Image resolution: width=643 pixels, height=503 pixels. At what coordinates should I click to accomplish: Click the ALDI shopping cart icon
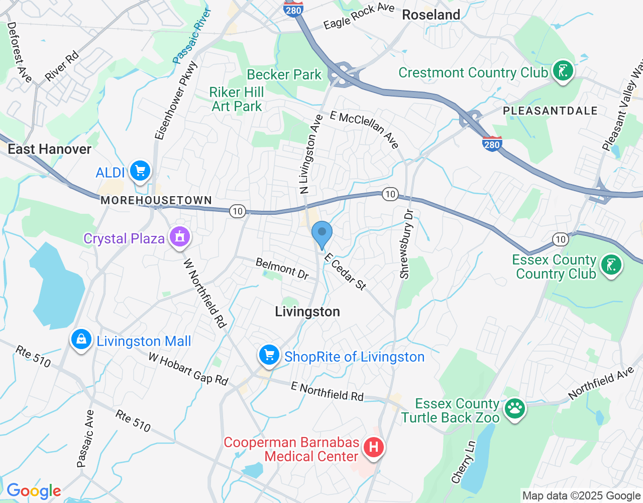tap(140, 171)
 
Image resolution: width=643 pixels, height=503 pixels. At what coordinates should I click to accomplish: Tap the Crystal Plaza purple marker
tap(180, 237)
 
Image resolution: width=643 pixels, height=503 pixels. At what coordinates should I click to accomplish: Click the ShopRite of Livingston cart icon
tap(269, 356)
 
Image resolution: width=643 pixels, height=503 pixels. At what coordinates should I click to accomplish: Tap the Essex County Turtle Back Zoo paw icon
tap(514, 409)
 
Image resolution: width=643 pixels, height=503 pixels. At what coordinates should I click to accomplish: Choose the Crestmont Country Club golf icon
tap(563, 71)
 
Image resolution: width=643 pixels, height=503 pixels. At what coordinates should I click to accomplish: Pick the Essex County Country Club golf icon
tap(611, 265)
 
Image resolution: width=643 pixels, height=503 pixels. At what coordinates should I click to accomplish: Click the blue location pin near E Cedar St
tap(322, 234)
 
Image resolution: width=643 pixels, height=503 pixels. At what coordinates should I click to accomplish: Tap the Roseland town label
tap(431, 15)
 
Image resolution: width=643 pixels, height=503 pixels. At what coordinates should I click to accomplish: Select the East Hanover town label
tap(49, 149)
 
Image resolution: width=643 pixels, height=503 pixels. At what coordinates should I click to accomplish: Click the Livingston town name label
tap(307, 312)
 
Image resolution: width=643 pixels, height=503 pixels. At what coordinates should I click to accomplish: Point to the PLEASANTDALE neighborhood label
tap(550, 111)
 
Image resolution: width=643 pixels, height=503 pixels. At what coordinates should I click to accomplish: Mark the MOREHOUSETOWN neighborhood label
tap(156, 200)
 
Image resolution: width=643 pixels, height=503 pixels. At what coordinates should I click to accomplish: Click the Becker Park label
tap(284, 74)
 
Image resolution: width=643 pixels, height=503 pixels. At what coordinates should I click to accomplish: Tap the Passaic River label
tap(192, 36)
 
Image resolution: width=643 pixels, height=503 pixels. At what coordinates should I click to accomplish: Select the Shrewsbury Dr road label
tap(406, 244)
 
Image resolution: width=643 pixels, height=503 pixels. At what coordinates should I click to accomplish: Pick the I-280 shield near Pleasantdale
tap(492, 144)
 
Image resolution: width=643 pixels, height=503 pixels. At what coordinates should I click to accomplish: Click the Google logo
tap(34, 491)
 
